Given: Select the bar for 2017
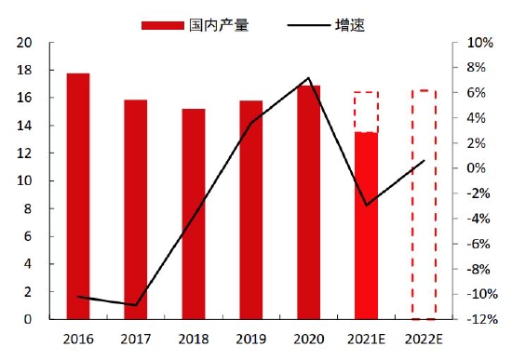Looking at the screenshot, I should click(x=135, y=209).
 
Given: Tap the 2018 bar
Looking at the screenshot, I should click(x=193, y=214).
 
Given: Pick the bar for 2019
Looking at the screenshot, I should click(x=250, y=209).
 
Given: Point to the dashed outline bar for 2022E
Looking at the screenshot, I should click(x=424, y=205).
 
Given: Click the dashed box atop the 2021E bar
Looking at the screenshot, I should click(x=366, y=112).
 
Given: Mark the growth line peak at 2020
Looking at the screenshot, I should click(x=308, y=78).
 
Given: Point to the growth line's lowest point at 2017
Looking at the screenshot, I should click(x=136, y=305).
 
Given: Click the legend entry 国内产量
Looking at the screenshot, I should click(x=195, y=25).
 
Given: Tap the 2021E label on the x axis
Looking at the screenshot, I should click(x=366, y=339).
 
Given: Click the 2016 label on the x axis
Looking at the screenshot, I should click(x=78, y=339).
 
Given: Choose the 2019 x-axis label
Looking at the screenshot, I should click(x=250, y=339).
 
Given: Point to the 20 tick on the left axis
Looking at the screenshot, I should click(x=25, y=43).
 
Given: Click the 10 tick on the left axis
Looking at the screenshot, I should click(x=25, y=181).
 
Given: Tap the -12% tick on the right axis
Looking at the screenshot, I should click(x=477, y=319).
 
